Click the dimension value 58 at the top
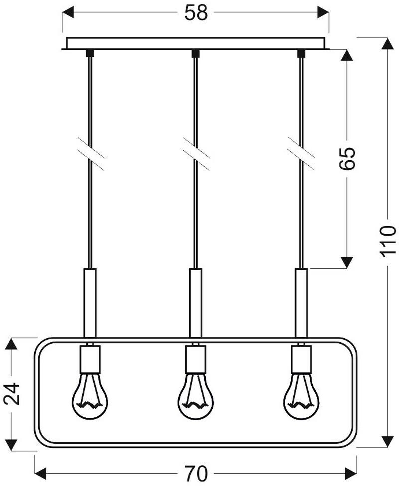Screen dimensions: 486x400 coord(196,13)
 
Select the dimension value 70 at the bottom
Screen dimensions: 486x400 coord(196,472)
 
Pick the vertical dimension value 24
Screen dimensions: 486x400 coord(13,394)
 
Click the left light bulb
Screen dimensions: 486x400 coord(90,396)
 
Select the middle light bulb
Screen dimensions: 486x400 coord(196,396)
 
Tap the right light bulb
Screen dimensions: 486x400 coord(301,396)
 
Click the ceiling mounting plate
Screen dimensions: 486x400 coord(196,43)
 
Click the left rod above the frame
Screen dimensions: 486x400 coord(90,303)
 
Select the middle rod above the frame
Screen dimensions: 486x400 coord(196,303)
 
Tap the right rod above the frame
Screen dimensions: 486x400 coord(301,303)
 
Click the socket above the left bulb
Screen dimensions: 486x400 coord(90,359)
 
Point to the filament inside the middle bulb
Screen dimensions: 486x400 coord(196,403)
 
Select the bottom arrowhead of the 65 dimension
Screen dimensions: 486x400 coord(347,262)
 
